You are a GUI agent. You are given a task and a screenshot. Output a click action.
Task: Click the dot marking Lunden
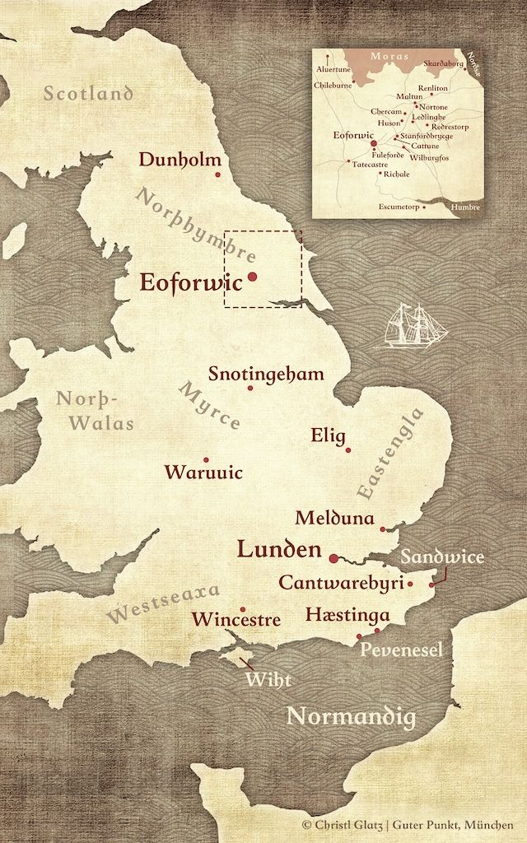[333, 558]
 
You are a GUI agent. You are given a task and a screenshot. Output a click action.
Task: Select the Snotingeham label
[266, 374]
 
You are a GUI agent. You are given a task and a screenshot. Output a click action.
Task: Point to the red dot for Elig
[348, 449]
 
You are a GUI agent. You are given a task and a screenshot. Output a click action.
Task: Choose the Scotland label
[88, 93]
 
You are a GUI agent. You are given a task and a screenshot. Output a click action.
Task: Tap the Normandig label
[350, 717]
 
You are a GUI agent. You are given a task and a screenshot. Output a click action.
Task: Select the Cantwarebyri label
[340, 582]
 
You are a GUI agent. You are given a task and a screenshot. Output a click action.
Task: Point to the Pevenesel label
[402, 650]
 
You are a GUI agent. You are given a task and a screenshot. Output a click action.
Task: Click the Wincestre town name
[236, 619]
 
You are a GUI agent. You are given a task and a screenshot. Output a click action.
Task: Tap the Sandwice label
[443, 557]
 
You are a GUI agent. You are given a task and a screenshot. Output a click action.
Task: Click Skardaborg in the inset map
[444, 63]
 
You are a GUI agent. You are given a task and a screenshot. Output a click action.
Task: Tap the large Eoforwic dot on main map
[253, 277]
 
